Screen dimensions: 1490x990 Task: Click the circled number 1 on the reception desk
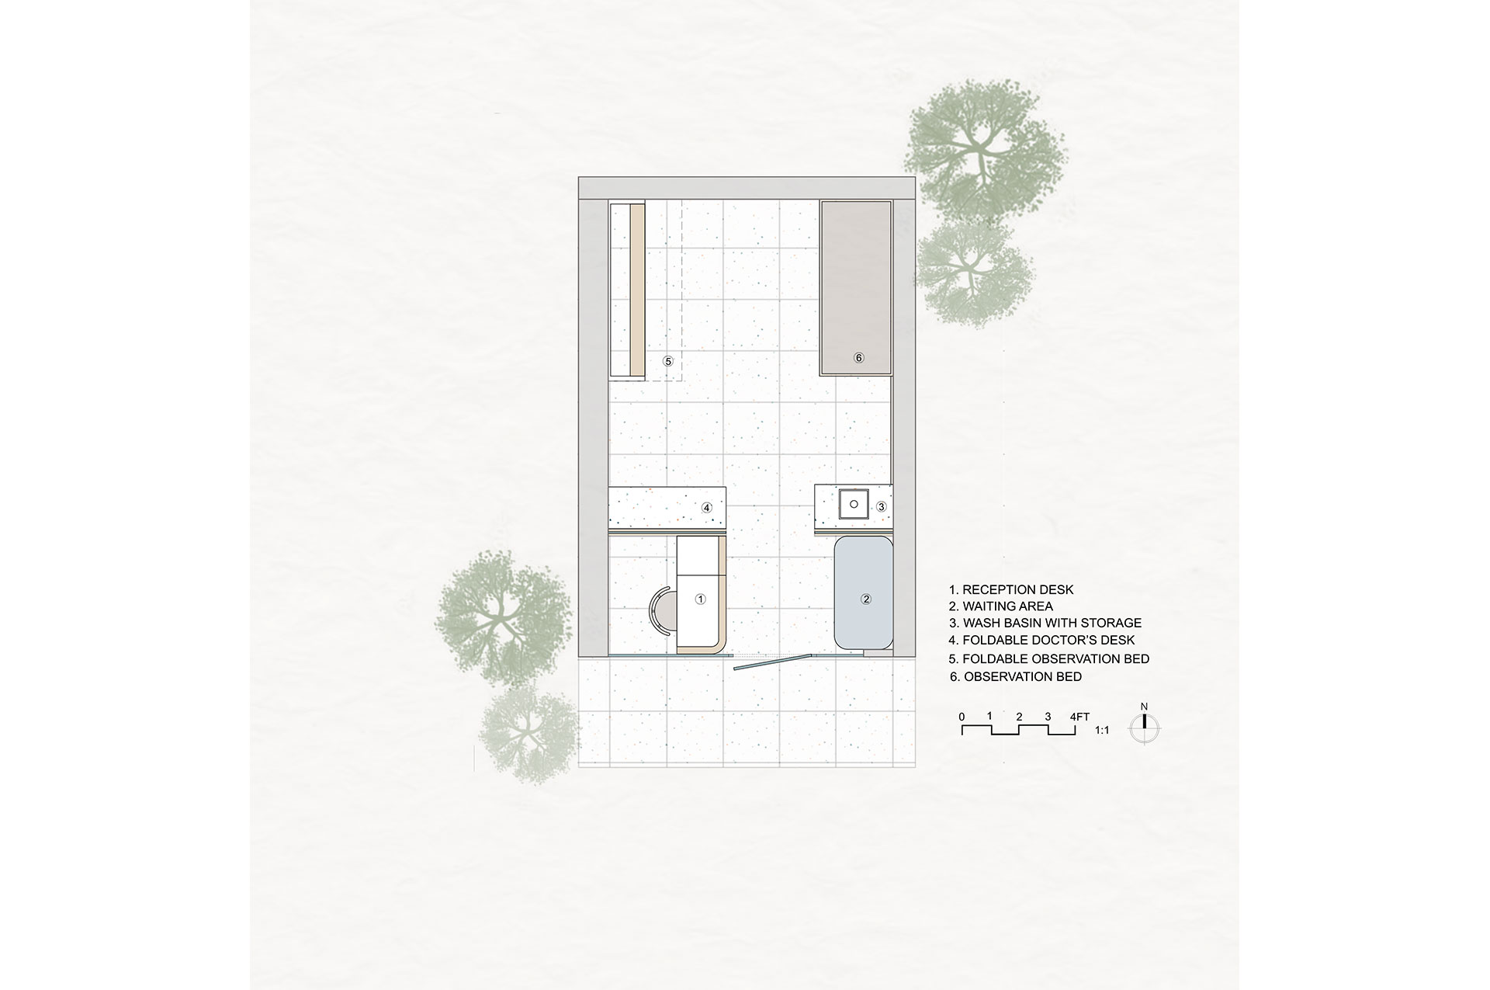click(x=700, y=599)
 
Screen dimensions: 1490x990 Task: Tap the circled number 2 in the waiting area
click(x=867, y=599)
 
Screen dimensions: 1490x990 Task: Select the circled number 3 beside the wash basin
click(x=882, y=507)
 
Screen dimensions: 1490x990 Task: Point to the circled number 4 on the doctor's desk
click(x=706, y=508)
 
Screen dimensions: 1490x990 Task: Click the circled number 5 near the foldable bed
click(x=667, y=361)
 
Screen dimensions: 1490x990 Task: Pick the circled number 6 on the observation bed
click(x=858, y=358)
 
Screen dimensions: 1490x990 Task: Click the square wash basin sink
click(x=854, y=505)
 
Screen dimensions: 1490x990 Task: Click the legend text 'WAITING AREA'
click(x=1001, y=606)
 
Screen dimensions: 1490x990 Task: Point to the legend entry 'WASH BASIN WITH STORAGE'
click(x=1045, y=623)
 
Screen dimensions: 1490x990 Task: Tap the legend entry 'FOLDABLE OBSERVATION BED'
click(x=1049, y=659)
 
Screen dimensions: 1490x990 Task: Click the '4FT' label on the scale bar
click(x=1080, y=717)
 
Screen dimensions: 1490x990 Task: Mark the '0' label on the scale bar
click(x=962, y=717)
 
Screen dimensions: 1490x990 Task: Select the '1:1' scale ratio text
click(x=1101, y=731)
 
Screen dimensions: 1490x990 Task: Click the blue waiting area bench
click(x=863, y=592)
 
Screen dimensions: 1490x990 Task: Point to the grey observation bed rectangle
click(x=856, y=288)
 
